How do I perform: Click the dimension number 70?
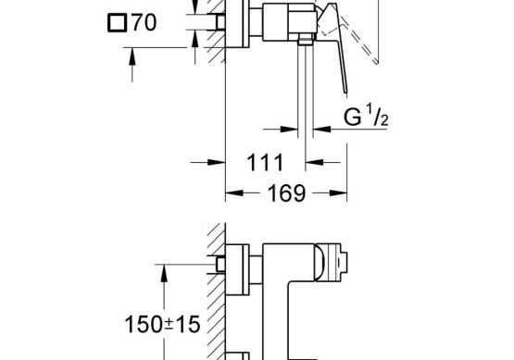[x=144, y=22]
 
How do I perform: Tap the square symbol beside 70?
[x=117, y=23]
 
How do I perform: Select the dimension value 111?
[x=265, y=163]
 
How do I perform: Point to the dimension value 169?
[x=286, y=193]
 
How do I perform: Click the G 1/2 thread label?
[x=366, y=117]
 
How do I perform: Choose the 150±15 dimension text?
[x=162, y=325]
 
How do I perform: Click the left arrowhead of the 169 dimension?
[x=234, y=192]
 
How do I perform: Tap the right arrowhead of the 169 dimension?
[x=338, y=192]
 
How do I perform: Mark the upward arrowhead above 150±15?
[x=164, y=273]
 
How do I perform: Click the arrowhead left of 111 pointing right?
[x=217, y=162]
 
